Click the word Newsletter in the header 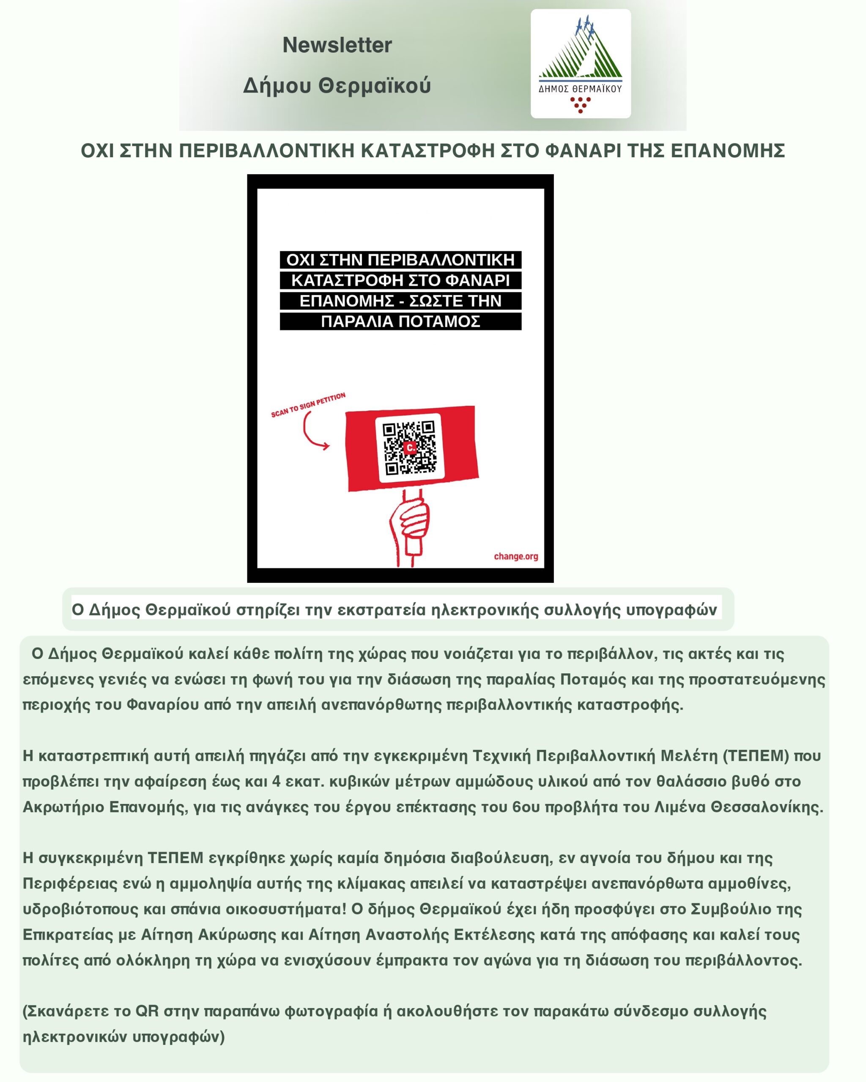tap(337, 45)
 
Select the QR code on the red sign tap(410, 448)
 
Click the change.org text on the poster tap(515, 556)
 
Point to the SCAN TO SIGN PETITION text tap(308, 405)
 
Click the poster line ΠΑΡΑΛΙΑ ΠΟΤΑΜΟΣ tap(400, 322)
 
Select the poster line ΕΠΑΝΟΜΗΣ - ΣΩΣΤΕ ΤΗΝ tap(400, 301)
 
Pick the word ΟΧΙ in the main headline tap(99, 150)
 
